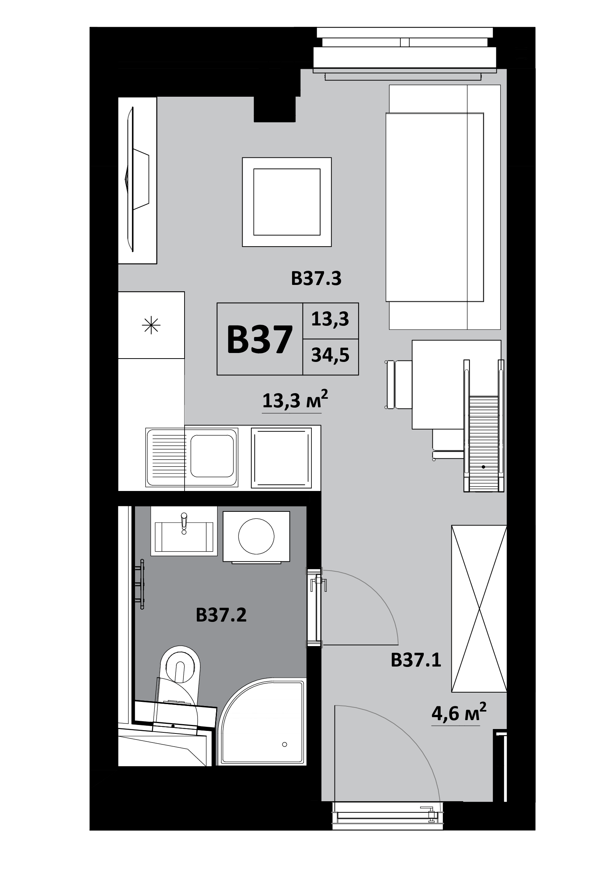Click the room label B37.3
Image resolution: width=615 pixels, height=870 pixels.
tap(316, 279)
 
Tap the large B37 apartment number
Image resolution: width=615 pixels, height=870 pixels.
tap(260, 340)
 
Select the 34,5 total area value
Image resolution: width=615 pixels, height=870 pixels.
tap(330, 356)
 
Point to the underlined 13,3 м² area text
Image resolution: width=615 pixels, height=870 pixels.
tap(295, 401)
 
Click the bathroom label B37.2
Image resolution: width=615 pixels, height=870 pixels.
tap(221, 614)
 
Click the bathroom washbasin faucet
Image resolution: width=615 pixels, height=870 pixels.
tap(184, 523)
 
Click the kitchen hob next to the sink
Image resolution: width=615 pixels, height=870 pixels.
tap(281, 458)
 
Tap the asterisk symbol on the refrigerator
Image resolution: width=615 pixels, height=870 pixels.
tap(151, 325)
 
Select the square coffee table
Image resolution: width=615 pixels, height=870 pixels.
tap(287, 202)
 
